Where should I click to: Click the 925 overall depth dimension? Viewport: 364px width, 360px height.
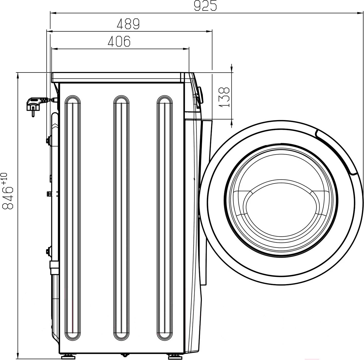[x=205, y=6]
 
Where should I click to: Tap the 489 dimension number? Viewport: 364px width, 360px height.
[x=128, y=24]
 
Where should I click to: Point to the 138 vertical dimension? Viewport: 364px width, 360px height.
[x=224, y=97]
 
